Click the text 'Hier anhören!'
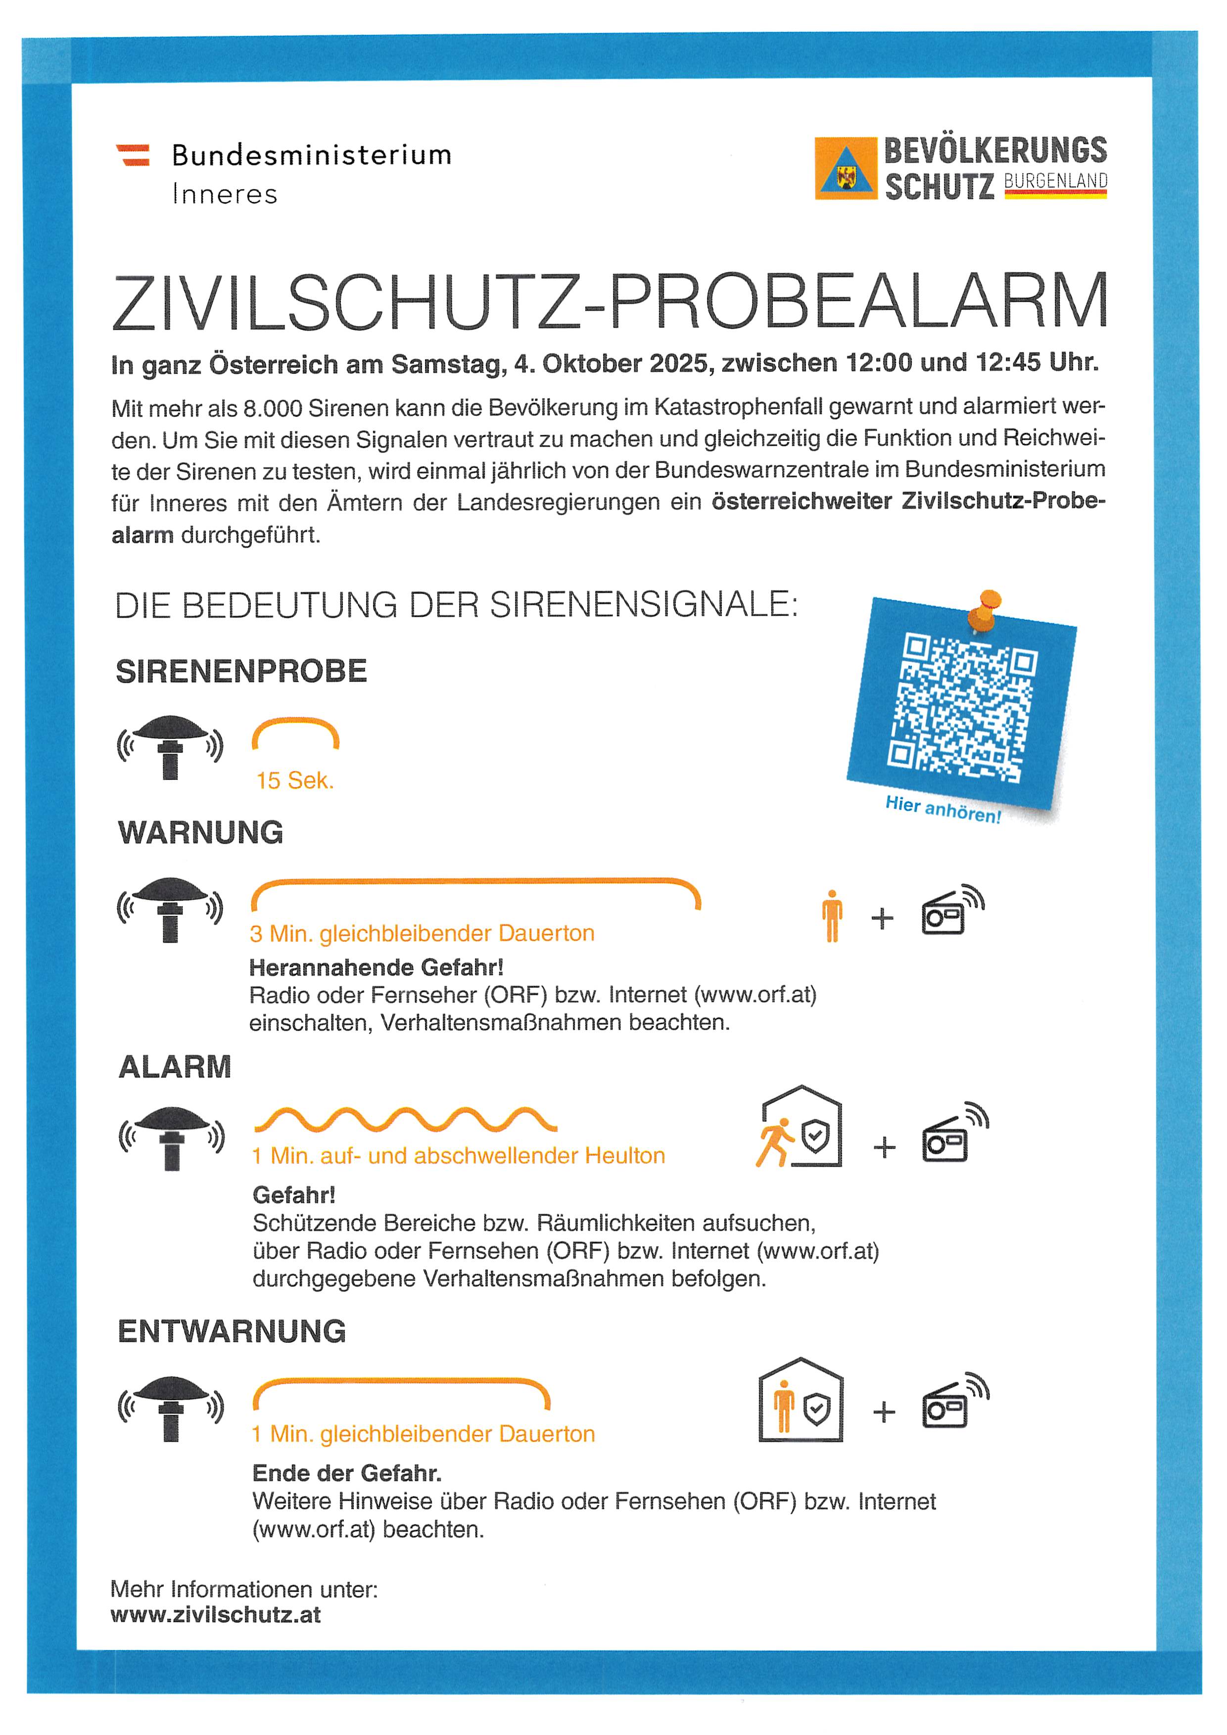click(943, 809)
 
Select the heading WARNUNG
click(200, 833)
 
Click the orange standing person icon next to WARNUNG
click(832, 916)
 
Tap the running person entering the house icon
click(799, 1127)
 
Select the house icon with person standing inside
click(800, 1400)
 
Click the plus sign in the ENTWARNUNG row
click(884, 1412)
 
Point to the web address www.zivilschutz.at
click(215, 1615)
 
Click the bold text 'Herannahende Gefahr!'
click(376, 967)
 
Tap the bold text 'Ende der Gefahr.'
click(347, 1473)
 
